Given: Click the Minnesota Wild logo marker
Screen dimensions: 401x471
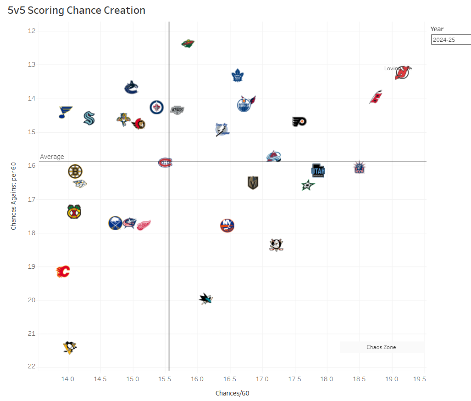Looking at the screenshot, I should pyautogui.click(x=188, y=44).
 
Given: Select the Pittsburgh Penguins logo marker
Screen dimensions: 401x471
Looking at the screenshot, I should pyautogui.click(x=70, y=347).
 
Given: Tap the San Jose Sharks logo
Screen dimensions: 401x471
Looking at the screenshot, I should pyautogui.click(x=206, y=299).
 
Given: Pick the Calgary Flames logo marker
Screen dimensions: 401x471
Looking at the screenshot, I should pyautogui.click(x=63, y=271).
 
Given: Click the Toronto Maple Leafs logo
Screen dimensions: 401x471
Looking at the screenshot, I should pyautogui.click(x=237, y=75).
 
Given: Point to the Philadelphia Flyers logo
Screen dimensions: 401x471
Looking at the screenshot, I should pyautogui.click(x=299, y=122).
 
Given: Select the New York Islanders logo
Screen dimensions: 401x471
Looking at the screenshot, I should pyautogui.click(x=227, y=225).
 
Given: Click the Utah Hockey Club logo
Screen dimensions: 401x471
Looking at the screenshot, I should pyautogui.click(x=318, y=171).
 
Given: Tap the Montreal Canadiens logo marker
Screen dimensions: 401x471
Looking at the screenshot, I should pyautogui.click(x=165, y=163).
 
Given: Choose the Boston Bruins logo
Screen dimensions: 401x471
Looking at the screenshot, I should pyautogui.click(x=75, y=171).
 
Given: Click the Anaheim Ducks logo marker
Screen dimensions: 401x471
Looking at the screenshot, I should pyautogui.click(x=276, y=245).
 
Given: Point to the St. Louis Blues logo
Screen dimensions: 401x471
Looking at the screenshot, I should pyautogui.click(x=66, y=112).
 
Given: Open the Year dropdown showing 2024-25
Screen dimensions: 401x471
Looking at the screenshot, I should pyautogui.click(x=451, y=40).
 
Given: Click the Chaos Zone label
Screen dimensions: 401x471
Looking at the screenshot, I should pyautogui.click(x=381, y=347).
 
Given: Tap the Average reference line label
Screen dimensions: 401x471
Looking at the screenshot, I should pyautogui.click(x=52, y=157).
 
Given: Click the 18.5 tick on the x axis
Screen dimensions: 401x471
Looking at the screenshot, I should pyautogui.click(x=359, y=379).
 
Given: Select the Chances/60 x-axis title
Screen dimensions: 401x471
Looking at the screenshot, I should pyautogui.click(x=232, y=393).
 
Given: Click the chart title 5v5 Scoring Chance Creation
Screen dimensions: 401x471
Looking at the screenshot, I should pyautogui.click(x=76, y=10).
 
